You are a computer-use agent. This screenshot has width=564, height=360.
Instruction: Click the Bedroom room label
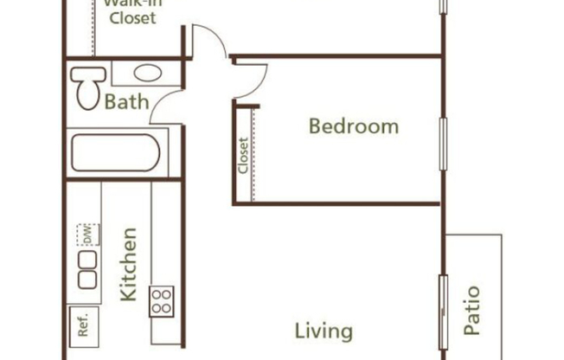coord(354,126)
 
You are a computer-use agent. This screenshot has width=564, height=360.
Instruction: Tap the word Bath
coord(126,103)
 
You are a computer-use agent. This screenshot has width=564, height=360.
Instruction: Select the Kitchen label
coord(128,264)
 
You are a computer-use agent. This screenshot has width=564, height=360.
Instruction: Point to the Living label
coord(324,331)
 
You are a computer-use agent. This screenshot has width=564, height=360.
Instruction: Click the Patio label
coord(471,311)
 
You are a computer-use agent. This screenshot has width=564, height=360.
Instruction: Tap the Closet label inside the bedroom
coord(243,156)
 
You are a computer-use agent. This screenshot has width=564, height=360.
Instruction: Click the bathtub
coord(115,153)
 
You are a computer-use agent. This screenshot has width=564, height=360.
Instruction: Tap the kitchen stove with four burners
coord(162,301)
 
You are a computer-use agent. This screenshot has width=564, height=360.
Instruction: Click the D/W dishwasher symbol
coord(87,234)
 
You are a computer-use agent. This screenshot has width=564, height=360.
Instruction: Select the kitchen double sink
coord(87,269)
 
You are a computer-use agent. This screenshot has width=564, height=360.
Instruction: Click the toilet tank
coord(83,74)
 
